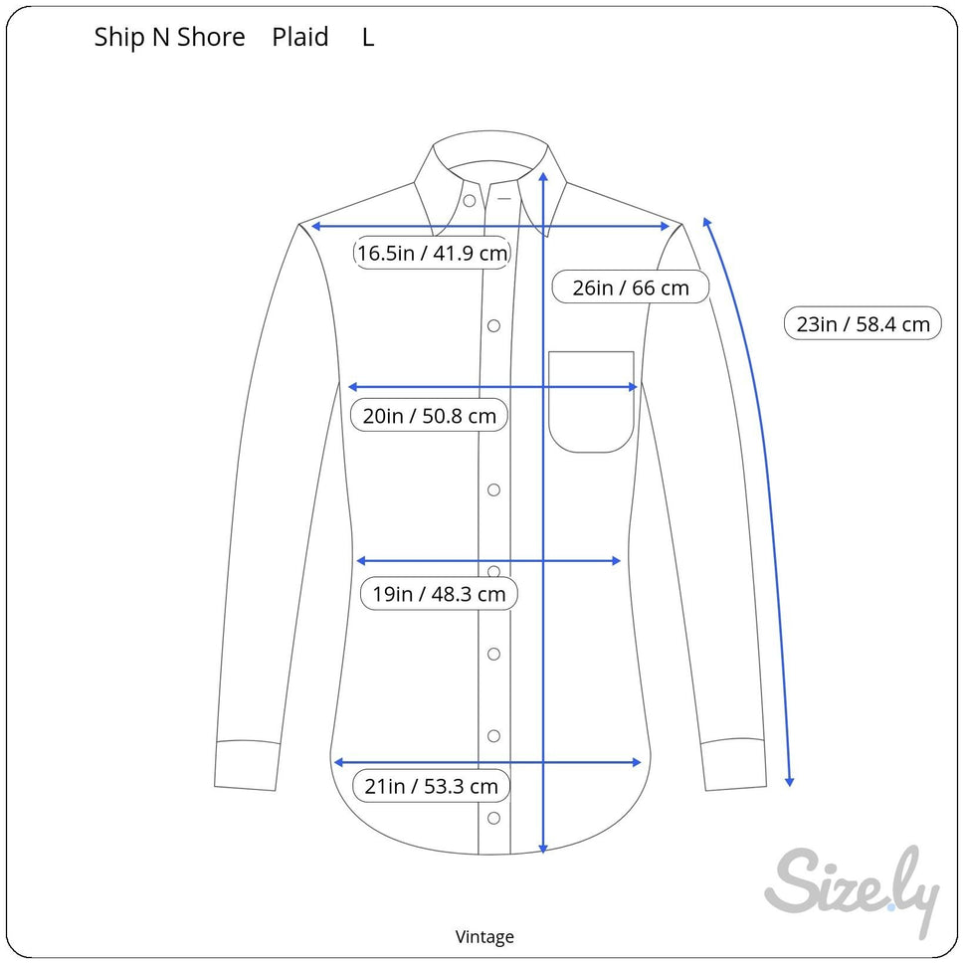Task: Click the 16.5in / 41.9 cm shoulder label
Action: coord(432,253)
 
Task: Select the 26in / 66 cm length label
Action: coord(631,288)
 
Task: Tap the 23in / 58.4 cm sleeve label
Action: coord(863,323)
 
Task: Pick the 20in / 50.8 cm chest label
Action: coord(429,416)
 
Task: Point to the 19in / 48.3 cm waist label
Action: coord(439,594)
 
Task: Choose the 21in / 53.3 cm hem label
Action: coord(431,786)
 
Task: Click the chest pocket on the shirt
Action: coord(591,402)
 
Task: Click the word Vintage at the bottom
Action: coord(484,937)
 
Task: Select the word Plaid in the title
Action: coord(300,37)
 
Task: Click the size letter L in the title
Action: coord(368,38)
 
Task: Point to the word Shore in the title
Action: coord(211,38)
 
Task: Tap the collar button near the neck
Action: coord(470,201)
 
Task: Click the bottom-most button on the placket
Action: coord(493,819)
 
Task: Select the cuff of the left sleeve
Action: coord(247,764)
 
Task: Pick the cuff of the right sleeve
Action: coord(733,764)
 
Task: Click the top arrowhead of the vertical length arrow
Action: coord(543,176)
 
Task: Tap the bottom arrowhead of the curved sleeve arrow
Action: coord(790,782)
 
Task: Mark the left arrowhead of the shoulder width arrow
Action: coord(316,226)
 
